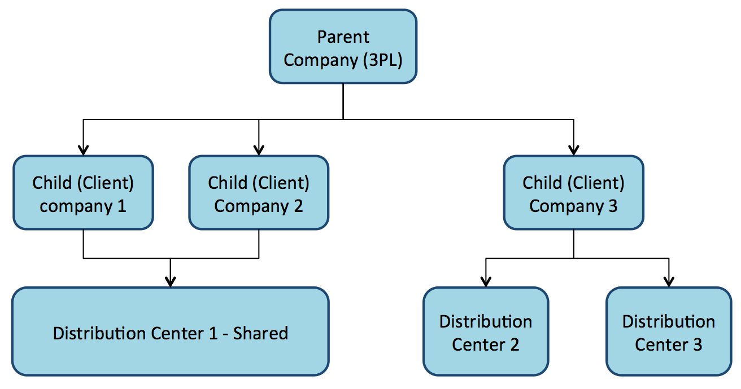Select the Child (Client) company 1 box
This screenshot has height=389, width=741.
[x=83, y=193]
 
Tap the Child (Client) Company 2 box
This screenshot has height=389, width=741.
[x=259, y=193]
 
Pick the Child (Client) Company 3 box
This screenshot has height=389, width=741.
[x=573, y=193]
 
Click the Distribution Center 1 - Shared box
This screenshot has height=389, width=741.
[x=170, y=331]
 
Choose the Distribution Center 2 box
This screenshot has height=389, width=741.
[x=486, y=331]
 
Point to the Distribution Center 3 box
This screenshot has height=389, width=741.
[x=669, y=331]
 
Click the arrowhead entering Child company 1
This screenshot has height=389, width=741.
[x=83, y=150]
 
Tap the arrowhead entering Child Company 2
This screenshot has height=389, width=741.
[x=259, y=150]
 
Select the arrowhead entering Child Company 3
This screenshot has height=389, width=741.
[x=574, y=150]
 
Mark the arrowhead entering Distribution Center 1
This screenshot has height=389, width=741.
[x=170, y=281]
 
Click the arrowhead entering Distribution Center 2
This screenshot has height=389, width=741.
[x=486, y=281]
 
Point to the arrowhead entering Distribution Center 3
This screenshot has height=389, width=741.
[x=669, y=281]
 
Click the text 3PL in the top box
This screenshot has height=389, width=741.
[x=382, y=60]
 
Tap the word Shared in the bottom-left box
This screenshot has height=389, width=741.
[x=260, y=333]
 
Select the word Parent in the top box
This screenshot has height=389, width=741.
[x=343, y=37]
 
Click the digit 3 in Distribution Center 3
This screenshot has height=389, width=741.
[x=698, y=344]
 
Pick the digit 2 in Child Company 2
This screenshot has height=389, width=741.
[x=298, y=206]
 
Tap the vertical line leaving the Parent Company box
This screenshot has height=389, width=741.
[x=343, y=101]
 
